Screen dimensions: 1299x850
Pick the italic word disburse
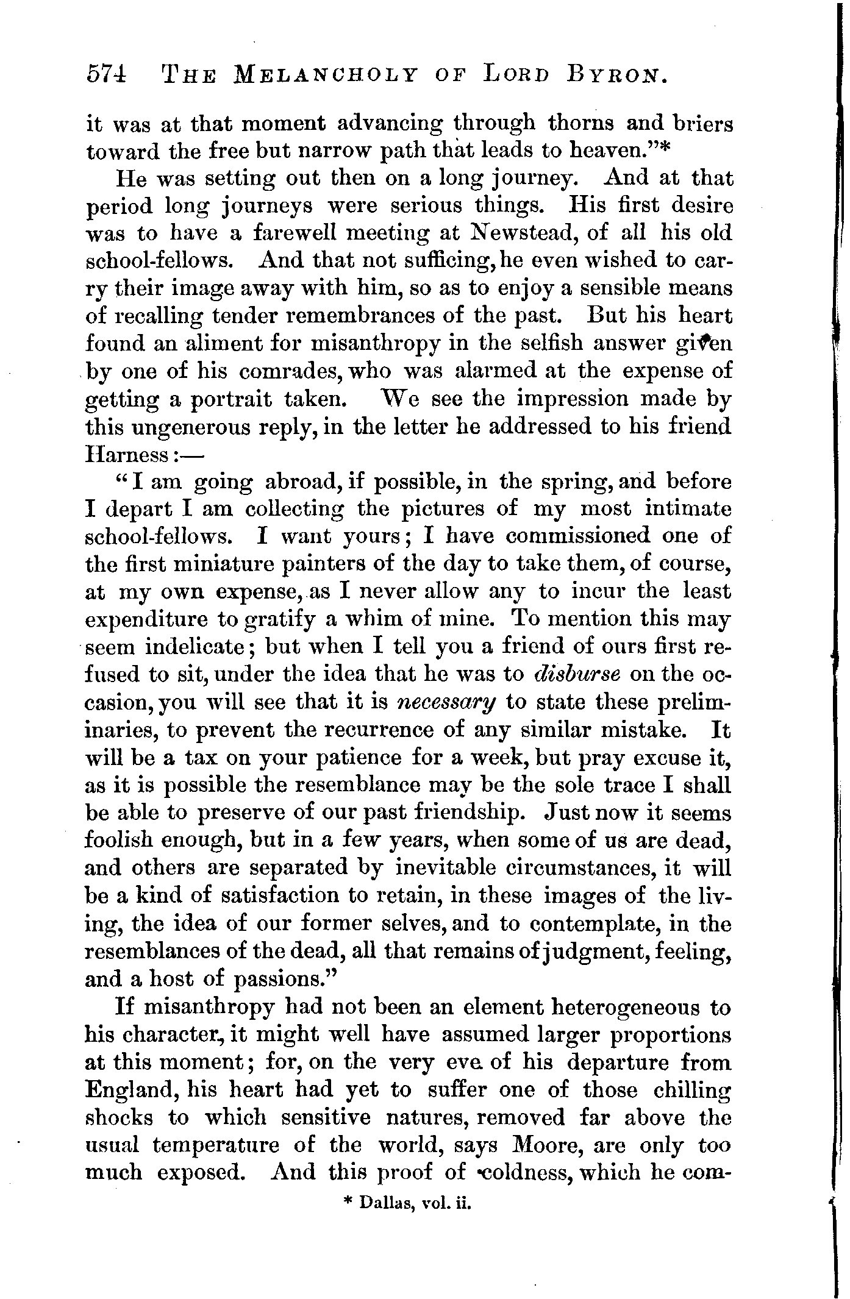(x=577, y=674)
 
